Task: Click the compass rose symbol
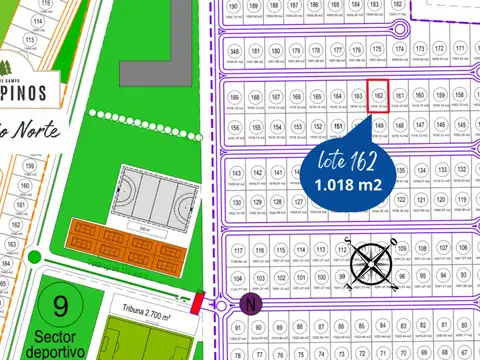pos(371,265)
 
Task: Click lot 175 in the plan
pos(377,52)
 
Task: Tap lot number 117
pos(237,251)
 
